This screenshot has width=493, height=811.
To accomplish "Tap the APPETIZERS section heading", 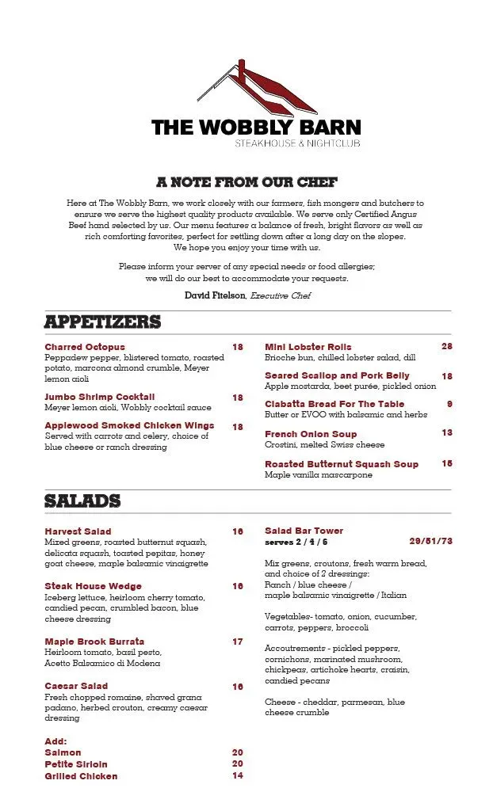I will tap(102, 322).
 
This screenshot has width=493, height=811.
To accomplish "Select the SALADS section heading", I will tap(82, 501).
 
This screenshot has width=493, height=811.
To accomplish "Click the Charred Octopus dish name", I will tap(85, 347).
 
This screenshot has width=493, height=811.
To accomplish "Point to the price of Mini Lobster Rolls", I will tap(447, 347).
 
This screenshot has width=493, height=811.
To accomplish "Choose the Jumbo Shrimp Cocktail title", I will tap(100, 397).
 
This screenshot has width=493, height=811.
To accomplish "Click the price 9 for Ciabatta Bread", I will tap(449, 404).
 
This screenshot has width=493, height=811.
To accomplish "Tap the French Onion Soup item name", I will tap(311, 434).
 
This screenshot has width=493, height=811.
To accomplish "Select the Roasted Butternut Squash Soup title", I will tap(342, 464).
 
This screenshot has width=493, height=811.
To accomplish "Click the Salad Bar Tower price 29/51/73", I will tap(430, 542).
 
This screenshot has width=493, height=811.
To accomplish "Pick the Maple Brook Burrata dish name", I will tap(94, 642).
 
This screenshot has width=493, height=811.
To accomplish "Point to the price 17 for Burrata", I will tap(238, 642).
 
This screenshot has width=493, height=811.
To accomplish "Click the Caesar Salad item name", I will tap(76, 686).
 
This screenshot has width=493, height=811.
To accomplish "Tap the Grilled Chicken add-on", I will tap(81, 776).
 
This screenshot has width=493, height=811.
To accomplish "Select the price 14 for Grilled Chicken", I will tap(238, 776).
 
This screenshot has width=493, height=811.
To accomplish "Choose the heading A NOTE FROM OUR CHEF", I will tap(246, 182).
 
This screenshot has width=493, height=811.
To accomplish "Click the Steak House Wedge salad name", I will tap(94, 587).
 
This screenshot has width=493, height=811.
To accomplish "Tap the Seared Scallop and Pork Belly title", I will tap(337, 375).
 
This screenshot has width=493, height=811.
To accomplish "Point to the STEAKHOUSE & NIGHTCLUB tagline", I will tap(297, 143).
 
